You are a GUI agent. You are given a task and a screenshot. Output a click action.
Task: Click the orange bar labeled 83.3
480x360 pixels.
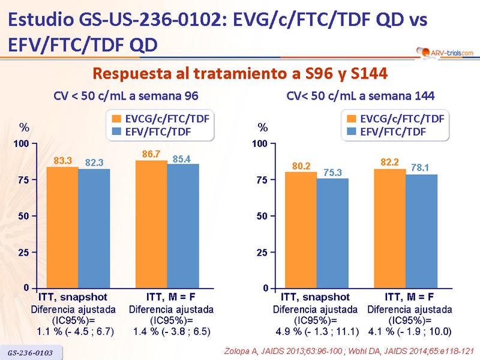point(62,228)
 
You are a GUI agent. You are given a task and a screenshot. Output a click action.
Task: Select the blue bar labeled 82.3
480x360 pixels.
point(94,229)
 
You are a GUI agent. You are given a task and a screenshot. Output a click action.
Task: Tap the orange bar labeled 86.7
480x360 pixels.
point(152,225)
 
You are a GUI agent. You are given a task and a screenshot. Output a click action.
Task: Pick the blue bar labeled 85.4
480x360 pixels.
point(183,226)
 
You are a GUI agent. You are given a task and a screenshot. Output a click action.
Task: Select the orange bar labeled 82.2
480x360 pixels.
point(390,229)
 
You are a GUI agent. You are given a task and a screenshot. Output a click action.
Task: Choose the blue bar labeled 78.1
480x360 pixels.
point(421,232)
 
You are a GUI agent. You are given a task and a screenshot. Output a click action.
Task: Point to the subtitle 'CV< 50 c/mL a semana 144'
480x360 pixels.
point(360,95)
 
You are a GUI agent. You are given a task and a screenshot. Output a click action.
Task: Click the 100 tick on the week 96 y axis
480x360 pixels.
point(22,144)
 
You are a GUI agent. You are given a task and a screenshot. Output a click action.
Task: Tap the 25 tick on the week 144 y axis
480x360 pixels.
point(261,252)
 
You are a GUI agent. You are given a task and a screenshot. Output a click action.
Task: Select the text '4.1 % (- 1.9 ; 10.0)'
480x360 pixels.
point(410,331)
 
